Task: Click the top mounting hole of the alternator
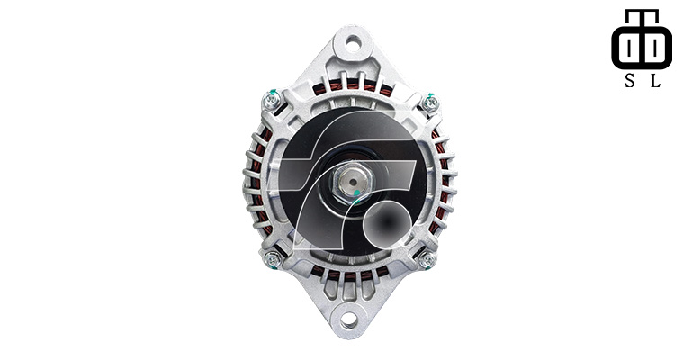(x=353, y=43)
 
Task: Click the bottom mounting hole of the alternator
(x=349, y=319)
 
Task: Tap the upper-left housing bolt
(x=271, y=101)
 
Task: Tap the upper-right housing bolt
(x=430, y=103)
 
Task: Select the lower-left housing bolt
(x=273, y=258)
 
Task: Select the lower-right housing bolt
(x=427, y=259)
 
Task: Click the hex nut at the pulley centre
(x=352, y=184)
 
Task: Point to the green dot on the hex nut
(x=357, y=193)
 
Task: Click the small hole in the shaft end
(x=353, y=182)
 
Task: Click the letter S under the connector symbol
(x=629, y=80)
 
